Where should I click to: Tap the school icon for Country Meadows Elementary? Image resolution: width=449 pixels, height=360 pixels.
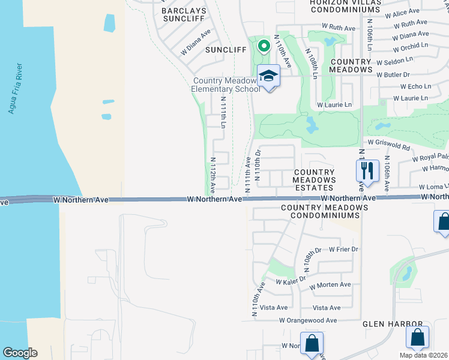pos(269,76)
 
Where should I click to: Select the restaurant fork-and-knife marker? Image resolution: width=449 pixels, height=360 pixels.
pos(368,170)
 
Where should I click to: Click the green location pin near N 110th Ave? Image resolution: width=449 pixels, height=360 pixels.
pos(263,46)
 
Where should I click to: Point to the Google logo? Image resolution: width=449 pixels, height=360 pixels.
pos(20,353)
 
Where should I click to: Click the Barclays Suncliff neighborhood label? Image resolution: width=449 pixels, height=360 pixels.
pos(184,15)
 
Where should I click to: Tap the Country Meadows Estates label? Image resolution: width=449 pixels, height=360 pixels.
pos(313,180)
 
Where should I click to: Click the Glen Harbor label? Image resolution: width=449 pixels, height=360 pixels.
pos(393,324)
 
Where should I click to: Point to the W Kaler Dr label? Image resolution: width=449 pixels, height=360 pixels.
pos(291,280)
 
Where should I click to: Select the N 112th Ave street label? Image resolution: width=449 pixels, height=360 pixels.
pos(212,175)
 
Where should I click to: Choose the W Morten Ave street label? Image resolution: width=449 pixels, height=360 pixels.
pos(330,285)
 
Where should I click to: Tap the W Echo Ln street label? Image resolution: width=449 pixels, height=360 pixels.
pos(411,86)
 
